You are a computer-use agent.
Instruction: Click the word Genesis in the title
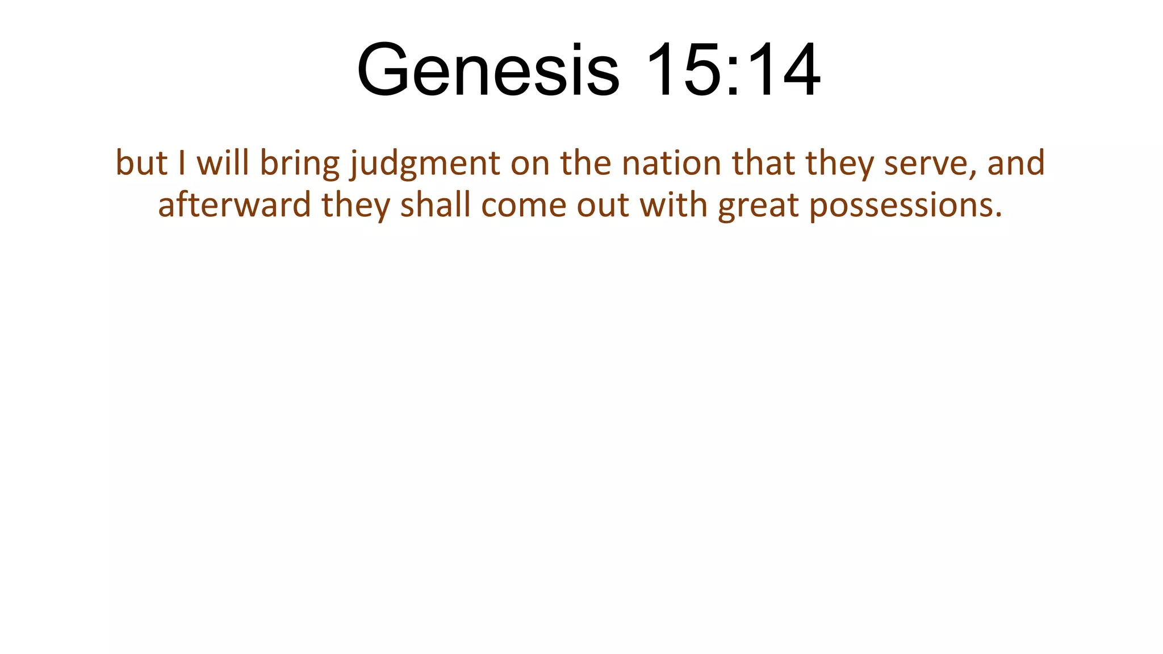(488, 70)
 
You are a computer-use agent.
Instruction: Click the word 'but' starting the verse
(141, 163)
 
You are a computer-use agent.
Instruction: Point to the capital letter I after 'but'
(182, 163)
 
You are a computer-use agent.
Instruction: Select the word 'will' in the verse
(223, 163)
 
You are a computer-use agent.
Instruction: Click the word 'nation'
(671, 163)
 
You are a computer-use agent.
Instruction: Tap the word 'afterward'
(235, 205)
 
